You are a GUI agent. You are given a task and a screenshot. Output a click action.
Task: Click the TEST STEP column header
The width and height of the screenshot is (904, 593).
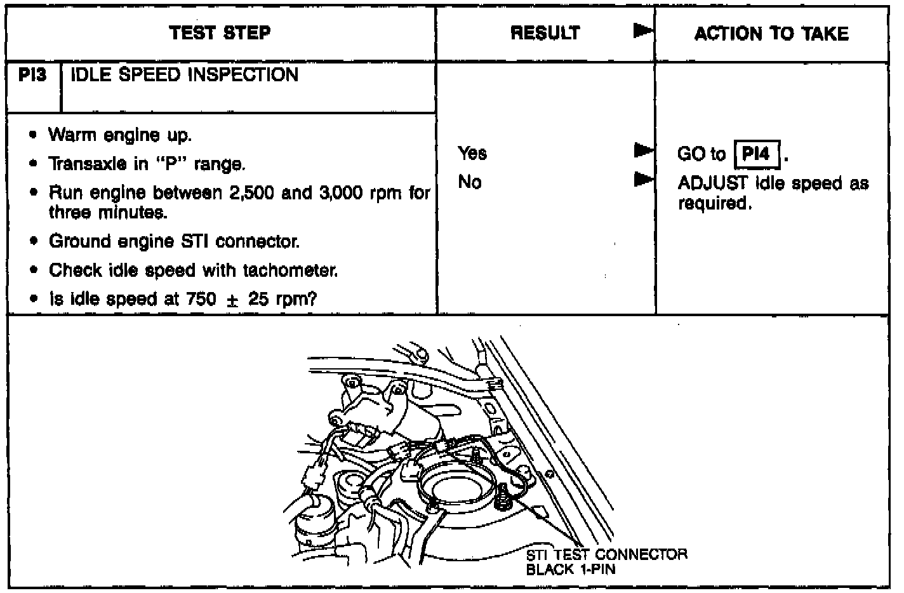[x=220, y=33]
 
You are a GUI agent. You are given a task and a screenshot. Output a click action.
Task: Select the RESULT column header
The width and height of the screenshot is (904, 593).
[x=545, y=33]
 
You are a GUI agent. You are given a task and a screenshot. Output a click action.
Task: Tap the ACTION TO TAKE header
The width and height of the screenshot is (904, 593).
[x=771, y=33]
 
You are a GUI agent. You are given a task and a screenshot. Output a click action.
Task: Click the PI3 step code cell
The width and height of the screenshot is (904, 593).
[x=33, y=76]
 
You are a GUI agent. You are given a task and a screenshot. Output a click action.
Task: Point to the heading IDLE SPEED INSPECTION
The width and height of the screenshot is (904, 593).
[x=184, y=75]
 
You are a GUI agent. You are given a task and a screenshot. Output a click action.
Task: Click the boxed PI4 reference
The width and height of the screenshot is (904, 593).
[x=756, y=154]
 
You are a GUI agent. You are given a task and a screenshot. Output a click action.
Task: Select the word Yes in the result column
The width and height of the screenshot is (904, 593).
[x=472, y=153]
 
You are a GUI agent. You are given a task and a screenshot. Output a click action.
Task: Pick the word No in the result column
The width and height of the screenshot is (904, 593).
[x=470, y=182]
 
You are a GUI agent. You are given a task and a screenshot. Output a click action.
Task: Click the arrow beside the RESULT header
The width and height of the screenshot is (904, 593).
[x=642, y=31]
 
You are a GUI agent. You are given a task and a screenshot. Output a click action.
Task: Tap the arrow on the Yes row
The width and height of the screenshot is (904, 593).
[x=642, y=150]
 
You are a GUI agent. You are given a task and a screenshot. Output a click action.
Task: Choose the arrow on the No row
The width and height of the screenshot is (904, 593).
[x=642, y=180]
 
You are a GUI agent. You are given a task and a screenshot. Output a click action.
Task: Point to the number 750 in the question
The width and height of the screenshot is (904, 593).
[x=202, y=298]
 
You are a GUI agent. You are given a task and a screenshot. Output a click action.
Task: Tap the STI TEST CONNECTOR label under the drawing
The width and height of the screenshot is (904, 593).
[x=606, y=554]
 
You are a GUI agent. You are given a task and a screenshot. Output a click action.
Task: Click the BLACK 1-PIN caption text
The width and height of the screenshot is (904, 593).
[x=571, y=569]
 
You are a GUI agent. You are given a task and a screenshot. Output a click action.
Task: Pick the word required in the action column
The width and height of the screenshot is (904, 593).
[x=715, y=204]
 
